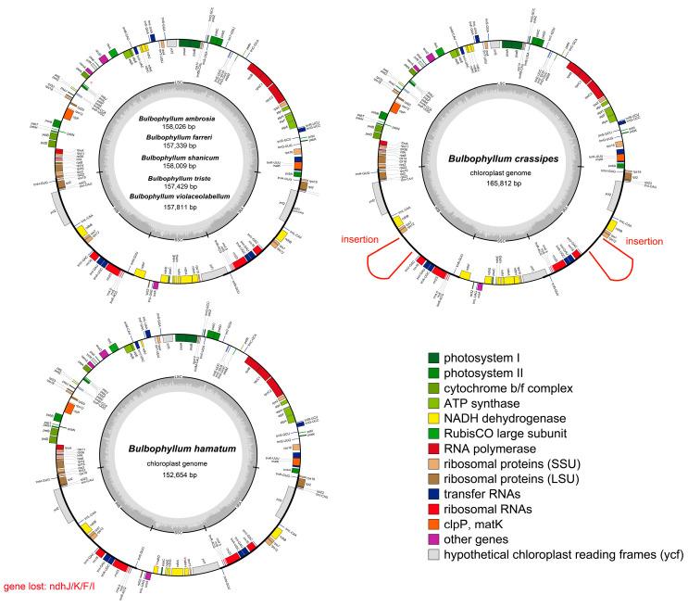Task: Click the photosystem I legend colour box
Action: pos(433,358)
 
